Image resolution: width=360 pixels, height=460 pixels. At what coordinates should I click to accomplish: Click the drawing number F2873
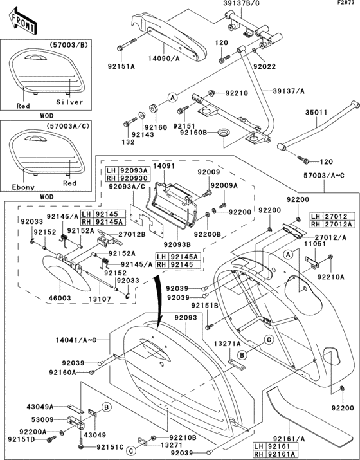click(346, 4)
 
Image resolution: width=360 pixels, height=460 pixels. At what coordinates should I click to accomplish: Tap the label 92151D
click(23, 440)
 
